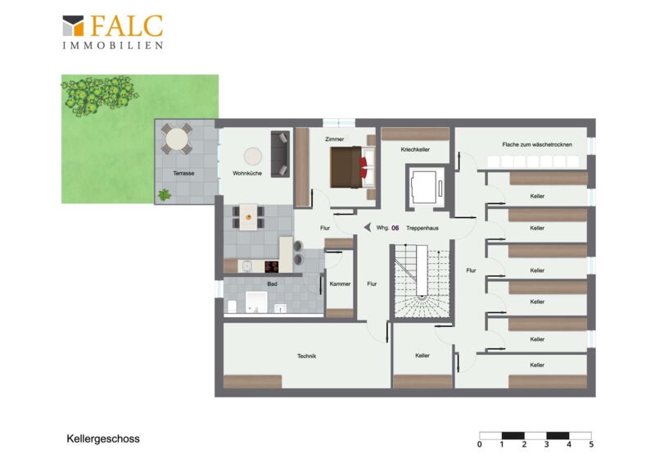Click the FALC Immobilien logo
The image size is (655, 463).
click(x=112, y=32)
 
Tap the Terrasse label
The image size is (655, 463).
click(x=183, y=173)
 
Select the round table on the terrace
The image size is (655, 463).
click(x=176, y=138)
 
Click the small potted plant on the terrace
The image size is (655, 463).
click(x=165, y=194)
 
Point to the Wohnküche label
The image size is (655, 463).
click(x=247, y=173)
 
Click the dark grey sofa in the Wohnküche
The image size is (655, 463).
click(x=280, y=154)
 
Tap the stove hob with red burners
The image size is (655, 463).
click(x=272, y=266)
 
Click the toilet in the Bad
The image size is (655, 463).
click(x=232, y=306)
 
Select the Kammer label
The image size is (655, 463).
click(x=340, y=284)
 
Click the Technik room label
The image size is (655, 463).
click(x=306, y=356)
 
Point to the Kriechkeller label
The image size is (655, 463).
click(x=415, y=149)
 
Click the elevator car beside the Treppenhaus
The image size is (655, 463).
click(x=425, y=186)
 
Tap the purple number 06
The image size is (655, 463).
click(x=395, y=228)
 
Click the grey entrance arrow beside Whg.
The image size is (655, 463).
click(x=367, y=227)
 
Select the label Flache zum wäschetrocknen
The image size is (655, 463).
click(x=537, y=144)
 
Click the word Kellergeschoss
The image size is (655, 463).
click(x=103, y=438)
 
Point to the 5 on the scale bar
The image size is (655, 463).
click(x=591, y=445)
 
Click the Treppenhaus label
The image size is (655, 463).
click(x=422, y=228)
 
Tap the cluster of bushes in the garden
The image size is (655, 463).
click(x=99, y=95)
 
